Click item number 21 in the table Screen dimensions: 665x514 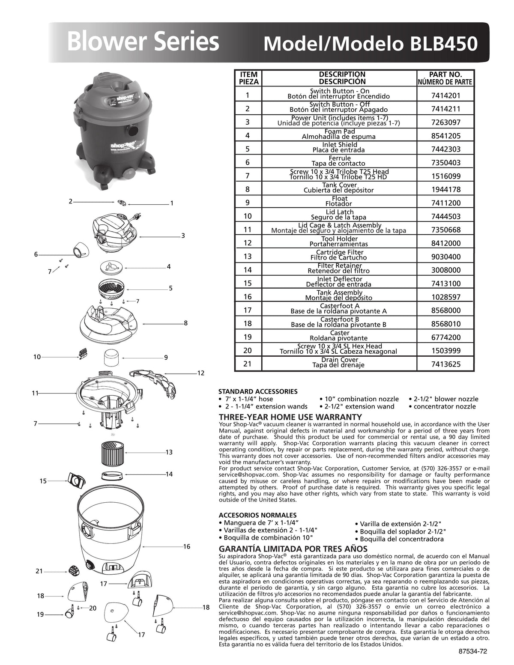tap(247, 364)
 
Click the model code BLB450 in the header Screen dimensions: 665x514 tap(444, 44)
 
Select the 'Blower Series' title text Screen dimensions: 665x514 tap(143, 42)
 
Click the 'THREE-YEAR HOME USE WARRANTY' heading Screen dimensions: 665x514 tap(290, 417)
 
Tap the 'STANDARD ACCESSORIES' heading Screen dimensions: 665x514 tap(258, 391)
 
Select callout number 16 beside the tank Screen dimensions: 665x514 tap(186, 547)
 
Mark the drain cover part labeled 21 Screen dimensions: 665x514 tap(73, 570)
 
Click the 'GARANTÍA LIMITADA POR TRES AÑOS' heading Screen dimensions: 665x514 tap(293, 549)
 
